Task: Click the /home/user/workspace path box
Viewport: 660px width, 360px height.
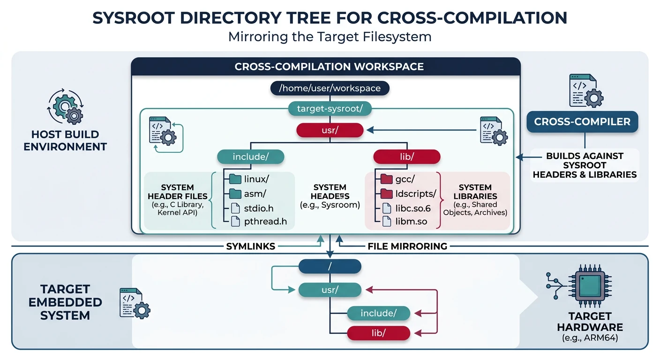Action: point(330,88)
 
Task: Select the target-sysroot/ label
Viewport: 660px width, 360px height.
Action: point(330,109)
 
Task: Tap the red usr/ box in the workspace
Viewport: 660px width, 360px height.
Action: point(330,130)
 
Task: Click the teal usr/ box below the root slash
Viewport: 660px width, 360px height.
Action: point(330,290)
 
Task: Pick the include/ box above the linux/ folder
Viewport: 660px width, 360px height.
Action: point(250,157)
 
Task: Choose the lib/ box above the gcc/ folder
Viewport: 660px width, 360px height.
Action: point(406,157)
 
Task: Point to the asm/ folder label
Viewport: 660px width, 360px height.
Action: point(255,194)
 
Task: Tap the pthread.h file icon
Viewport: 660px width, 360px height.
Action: point(235,222)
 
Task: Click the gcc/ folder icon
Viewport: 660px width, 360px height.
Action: point(386,179)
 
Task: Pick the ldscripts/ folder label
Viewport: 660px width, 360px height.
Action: point(416,194)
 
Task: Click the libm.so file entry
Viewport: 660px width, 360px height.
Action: point(411,222)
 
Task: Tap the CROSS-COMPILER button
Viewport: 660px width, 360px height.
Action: point(582,122)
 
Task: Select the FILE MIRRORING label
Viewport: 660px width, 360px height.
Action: point(407,246)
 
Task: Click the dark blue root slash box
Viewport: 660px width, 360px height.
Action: point(330,267)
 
